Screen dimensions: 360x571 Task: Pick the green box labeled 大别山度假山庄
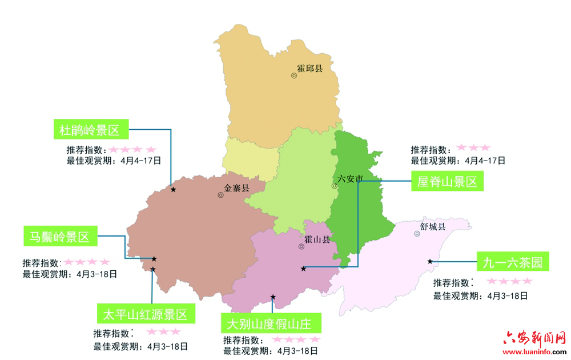270,324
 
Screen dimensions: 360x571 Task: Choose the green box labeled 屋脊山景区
447,182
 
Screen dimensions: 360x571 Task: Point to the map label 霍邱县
309,68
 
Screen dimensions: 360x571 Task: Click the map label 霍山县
317,239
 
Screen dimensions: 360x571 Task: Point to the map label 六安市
350,179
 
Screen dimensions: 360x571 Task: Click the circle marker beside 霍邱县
293,75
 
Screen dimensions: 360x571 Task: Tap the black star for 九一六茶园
429,261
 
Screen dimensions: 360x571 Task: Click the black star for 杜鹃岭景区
173,189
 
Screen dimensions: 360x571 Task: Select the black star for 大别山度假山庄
273,297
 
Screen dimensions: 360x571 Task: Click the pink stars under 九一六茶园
509,281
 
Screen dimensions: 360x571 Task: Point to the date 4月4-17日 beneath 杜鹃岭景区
140,161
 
